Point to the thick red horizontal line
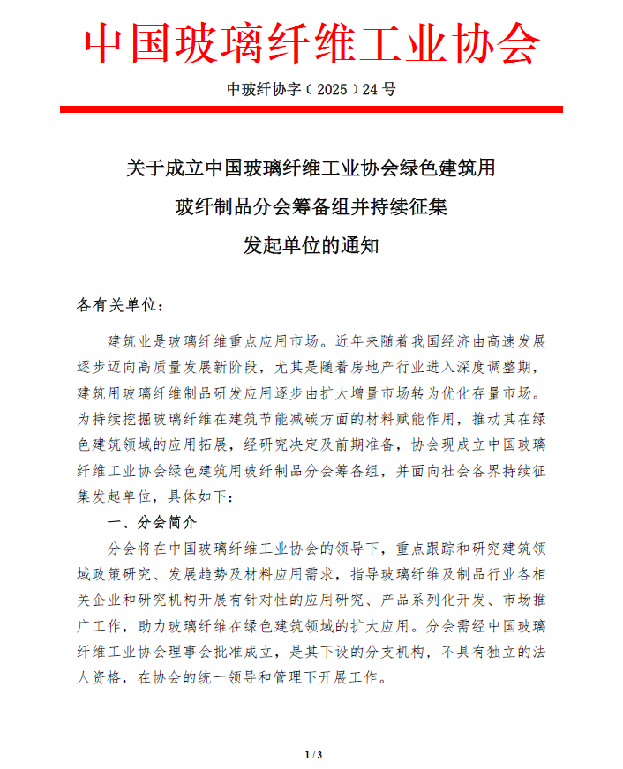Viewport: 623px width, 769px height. coord(311,109)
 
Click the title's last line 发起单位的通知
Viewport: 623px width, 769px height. coord(311,246)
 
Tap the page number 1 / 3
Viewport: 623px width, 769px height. coord(312,754)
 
